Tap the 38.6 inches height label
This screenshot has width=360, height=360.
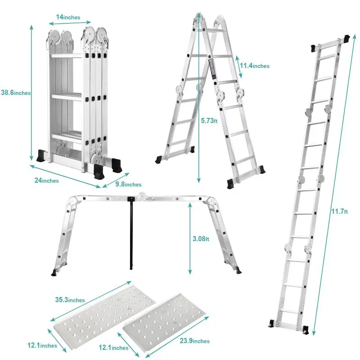tap(15, 93)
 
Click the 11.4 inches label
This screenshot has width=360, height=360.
tap(254, 66)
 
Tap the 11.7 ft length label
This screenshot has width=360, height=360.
tap(340, 211)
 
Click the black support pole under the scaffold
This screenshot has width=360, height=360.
tap(131, 234)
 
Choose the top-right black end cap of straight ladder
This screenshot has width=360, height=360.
tap(347, 39)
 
